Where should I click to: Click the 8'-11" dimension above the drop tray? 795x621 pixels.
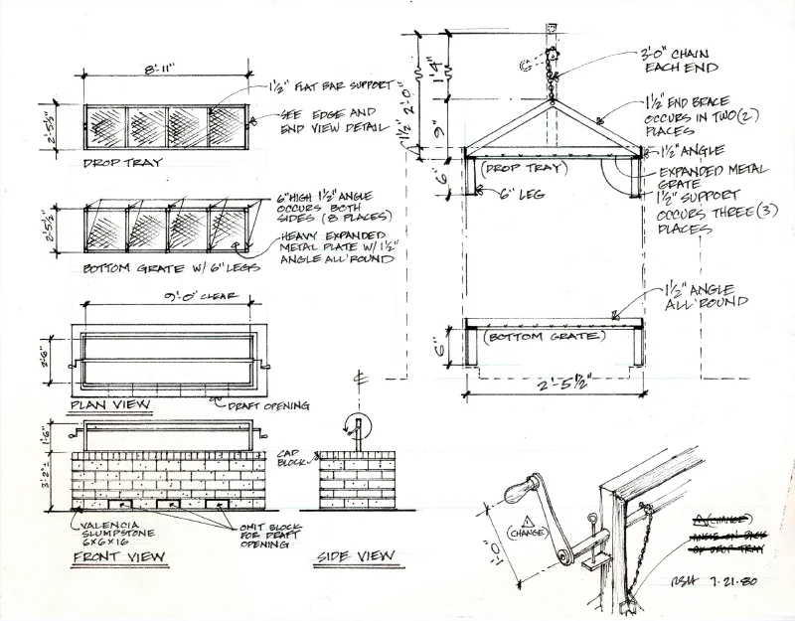click(x=160, y=70)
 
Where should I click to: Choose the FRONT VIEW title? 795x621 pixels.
click(x=111, y=558)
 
